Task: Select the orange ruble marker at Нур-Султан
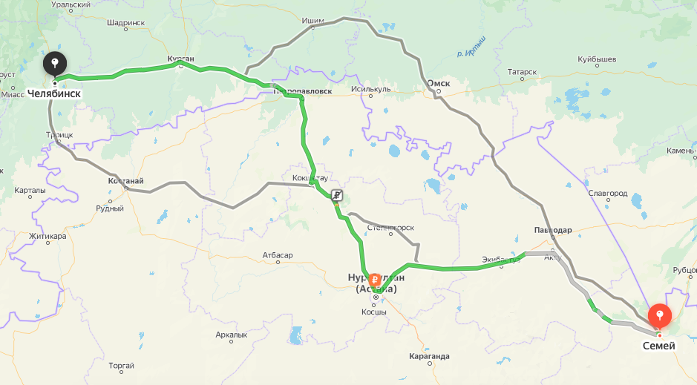(x=375, y=280)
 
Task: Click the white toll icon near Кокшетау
(x=337, y=195)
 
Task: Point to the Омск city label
(x=439, y=83)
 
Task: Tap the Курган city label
(x=181, y=58)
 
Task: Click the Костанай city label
(x=125, y=180)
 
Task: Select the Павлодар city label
(x=552, y=230)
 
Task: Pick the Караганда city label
(x=429, y=356)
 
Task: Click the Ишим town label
(x=313, y=20)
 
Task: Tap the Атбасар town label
(x=278, y=255)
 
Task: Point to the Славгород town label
(x=607, y=193)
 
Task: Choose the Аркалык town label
(x=231, y=335)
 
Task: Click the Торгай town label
(x=121, y=365)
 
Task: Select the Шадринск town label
(x=125, y=23)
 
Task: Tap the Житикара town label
(x=48, y=237)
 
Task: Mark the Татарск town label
(x=522, y=72)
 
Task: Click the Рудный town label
(x=110, y=208)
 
